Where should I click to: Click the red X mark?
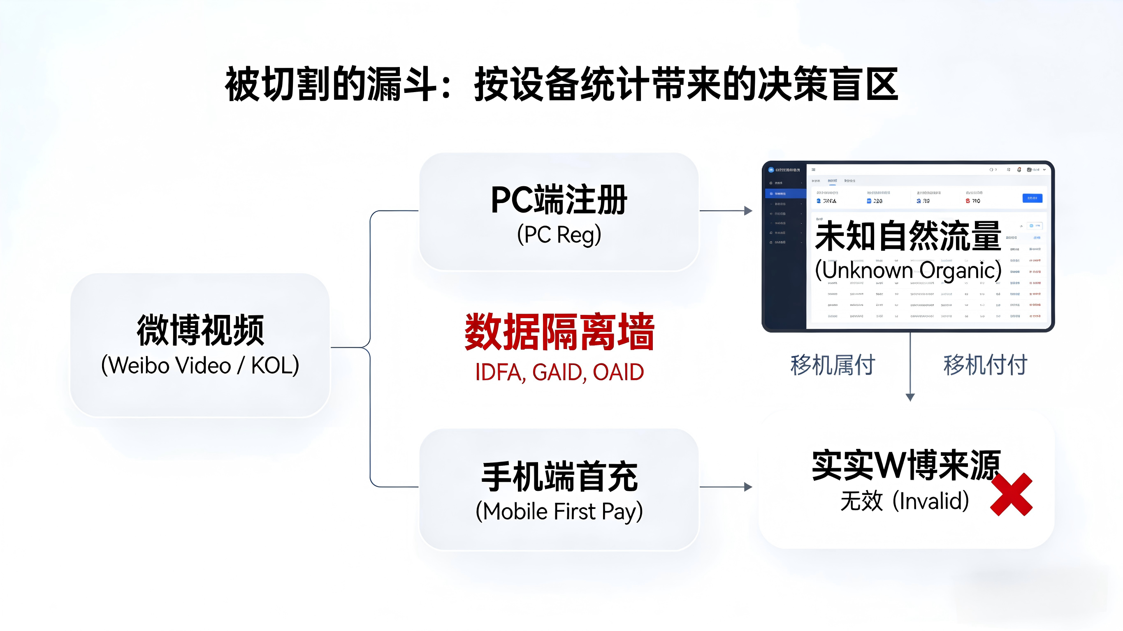(x=1011, y=495)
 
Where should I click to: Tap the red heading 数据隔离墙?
(x=559, y=332)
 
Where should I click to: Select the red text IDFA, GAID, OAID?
(x=559, y=372)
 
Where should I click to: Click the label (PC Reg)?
(x=559, y=235)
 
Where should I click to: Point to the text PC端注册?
(x=559, y=200)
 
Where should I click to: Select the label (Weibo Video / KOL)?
(x=200, y=365)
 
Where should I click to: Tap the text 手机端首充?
(x=559, y=477)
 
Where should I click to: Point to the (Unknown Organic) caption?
(x=908, y=270)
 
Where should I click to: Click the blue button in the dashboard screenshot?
(x=1032, y=198)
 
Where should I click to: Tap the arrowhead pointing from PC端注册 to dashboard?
(x=748, y=211)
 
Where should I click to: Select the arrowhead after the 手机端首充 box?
(x=748, y=487)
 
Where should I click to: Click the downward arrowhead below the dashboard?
(x=910, y=397)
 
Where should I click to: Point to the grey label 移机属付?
(x=833, y=365)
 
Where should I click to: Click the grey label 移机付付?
(x=985, y=365)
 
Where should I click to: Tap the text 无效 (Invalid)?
(x=905, y=501)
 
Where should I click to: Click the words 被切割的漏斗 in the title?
(x=330, y=84)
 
